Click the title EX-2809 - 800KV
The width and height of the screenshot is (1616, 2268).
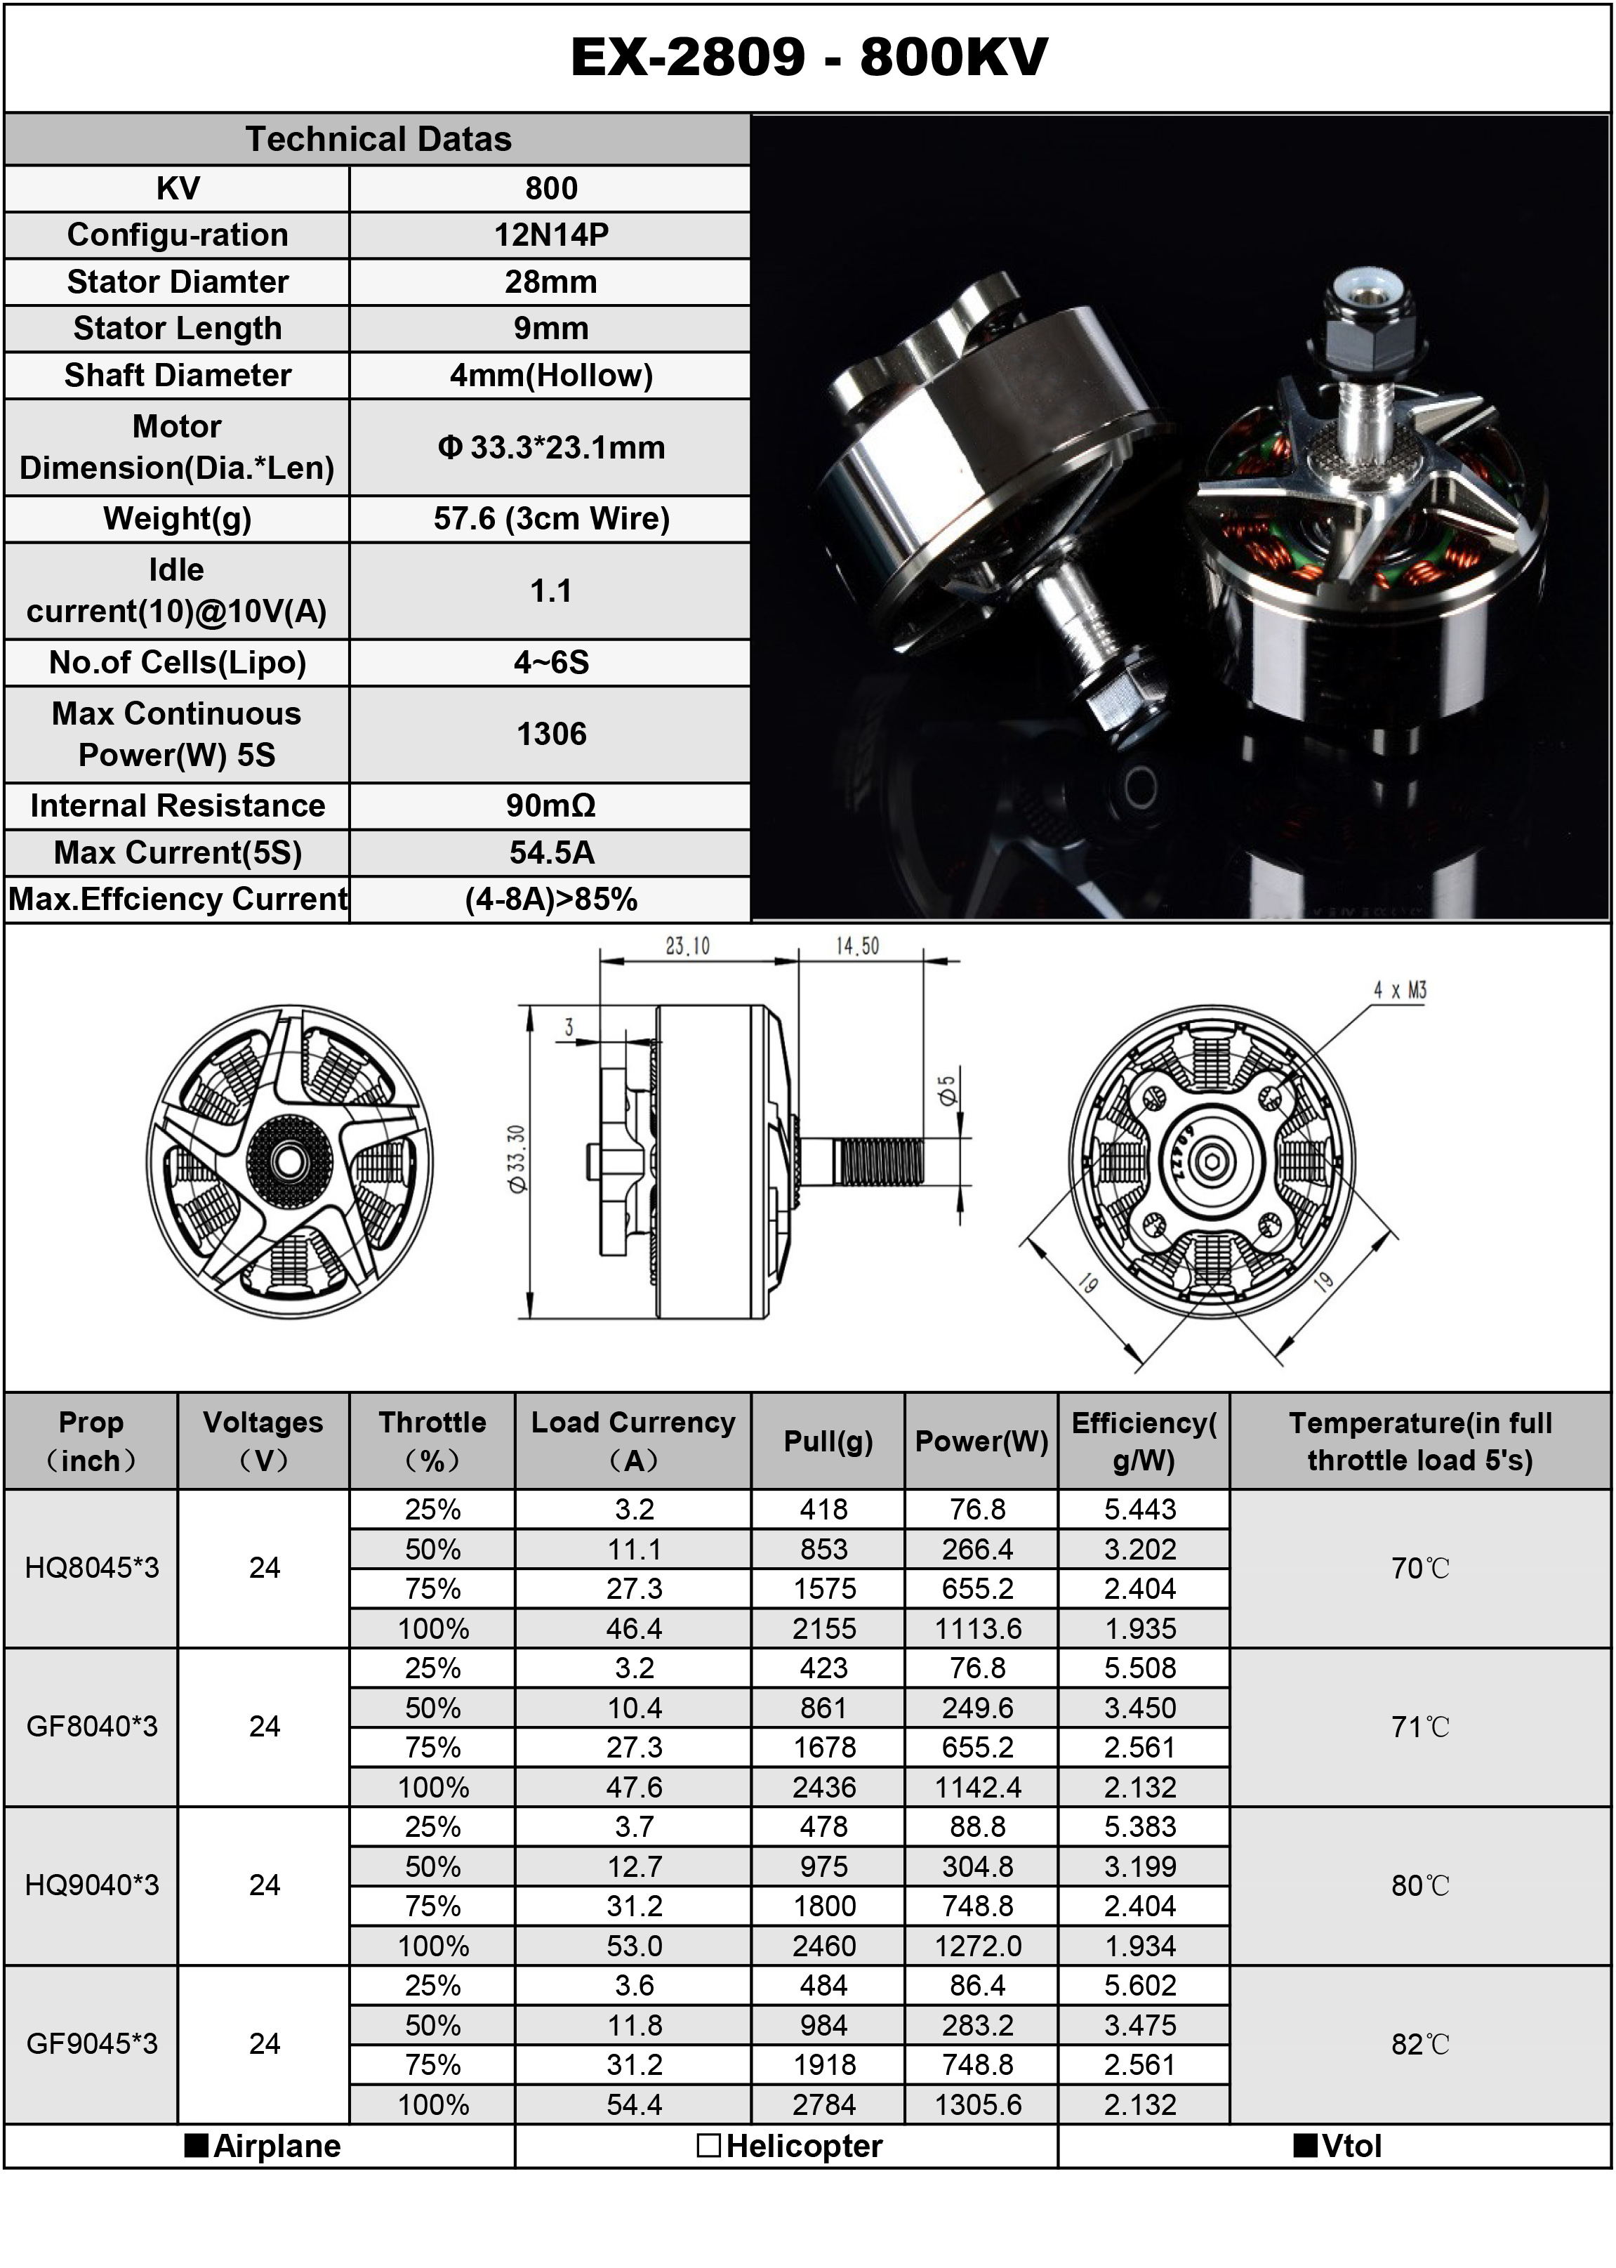(x=808, y=57)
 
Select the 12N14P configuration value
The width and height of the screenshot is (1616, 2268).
(x=550, y=235)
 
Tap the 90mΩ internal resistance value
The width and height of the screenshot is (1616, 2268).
(x=550, y=805)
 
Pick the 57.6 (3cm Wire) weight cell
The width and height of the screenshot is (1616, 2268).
(x=550, y=518)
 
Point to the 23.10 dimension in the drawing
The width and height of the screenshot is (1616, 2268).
(x=687, y=945)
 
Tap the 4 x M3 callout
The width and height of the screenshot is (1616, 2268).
(x=1400, y=990)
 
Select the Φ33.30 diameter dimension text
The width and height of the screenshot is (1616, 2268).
(x=515, y=1159)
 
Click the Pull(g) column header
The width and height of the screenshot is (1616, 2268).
(x=828, y=1441)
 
